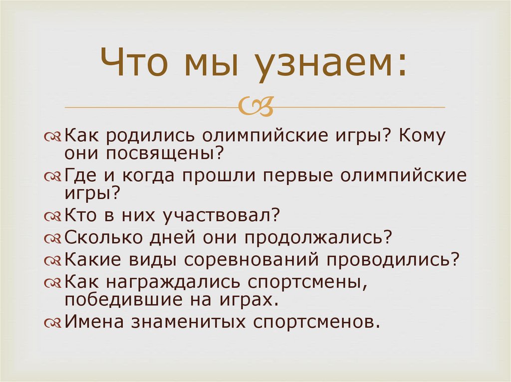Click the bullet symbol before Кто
52,217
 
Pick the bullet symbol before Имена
52,323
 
